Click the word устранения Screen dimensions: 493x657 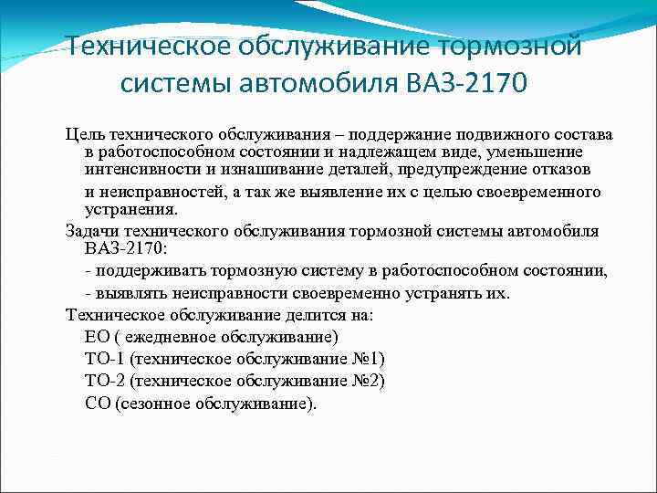pos(129,208)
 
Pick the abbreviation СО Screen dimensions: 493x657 pos(97,403)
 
